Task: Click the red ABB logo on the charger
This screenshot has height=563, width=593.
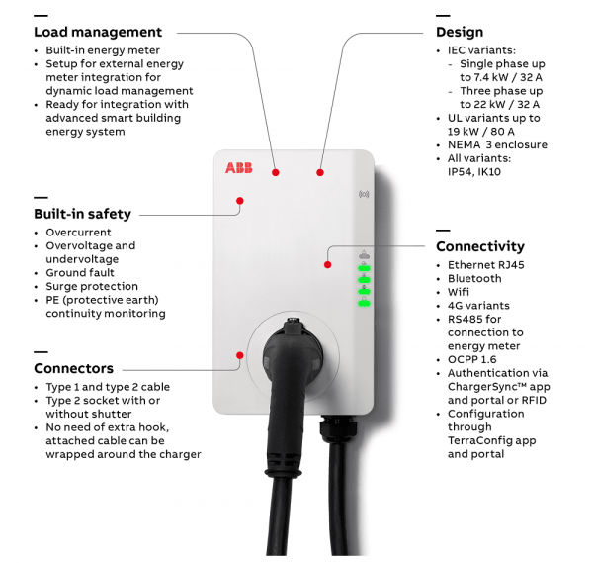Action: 238,168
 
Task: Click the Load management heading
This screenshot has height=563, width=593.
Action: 98,33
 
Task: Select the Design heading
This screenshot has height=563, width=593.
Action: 461,33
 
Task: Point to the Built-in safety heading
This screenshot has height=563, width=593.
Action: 82,214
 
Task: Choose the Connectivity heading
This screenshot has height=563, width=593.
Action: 480,246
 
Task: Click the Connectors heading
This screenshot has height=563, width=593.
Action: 73,368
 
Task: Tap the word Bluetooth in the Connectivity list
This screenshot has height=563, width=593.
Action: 474,279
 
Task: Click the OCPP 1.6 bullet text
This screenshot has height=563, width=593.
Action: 473,360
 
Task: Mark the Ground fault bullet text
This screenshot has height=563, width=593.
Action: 80,273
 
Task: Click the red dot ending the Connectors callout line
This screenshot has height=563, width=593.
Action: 238,353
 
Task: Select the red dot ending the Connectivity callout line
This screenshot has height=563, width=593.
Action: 328,264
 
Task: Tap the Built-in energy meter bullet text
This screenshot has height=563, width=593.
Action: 103,50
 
